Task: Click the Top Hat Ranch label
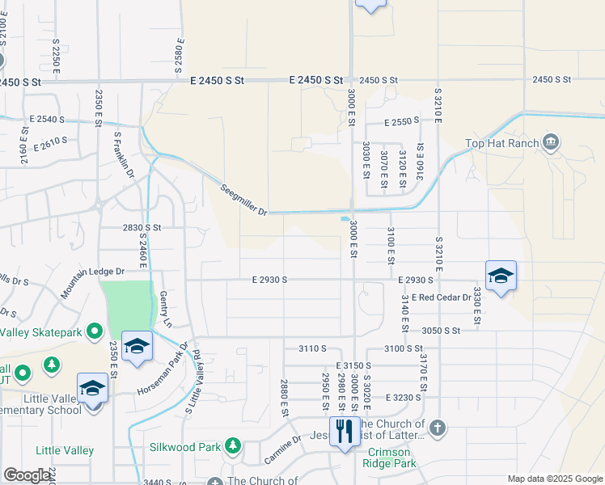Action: tap(501, 145)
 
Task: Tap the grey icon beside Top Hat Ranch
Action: tap(551, 144)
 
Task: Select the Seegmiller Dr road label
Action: tap(243, 200)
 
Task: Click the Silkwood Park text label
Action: tap(185, 446)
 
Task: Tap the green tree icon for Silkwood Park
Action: tap(233, 445)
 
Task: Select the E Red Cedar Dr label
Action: tap(441, 297)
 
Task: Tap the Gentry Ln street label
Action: tap(167, 308)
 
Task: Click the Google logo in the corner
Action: tap(26, 475)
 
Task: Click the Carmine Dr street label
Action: tap(283, 450)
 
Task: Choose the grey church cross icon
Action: tap(437, 428)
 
